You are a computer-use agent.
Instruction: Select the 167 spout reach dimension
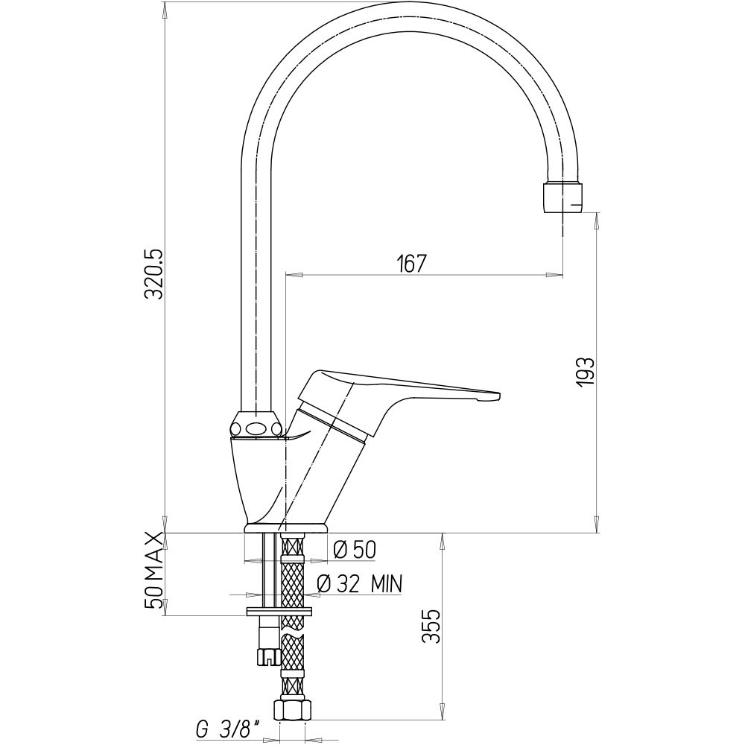click(410, 264)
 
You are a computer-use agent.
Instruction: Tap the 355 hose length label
click(431, 626)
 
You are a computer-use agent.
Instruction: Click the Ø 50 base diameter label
click(355, 551)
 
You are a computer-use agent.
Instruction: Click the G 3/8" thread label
click(229, 730)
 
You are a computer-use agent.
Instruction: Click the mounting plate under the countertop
click(279, 612)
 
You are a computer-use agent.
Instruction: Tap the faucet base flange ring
click(285, 528)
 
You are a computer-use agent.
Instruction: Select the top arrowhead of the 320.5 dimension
click(165, 10)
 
